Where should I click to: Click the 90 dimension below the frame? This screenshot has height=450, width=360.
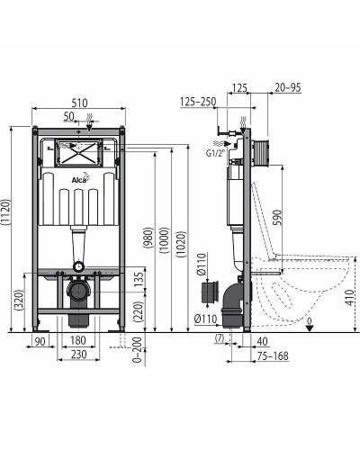pos(40,340)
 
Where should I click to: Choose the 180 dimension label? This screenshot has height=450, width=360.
pos(79,340)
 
